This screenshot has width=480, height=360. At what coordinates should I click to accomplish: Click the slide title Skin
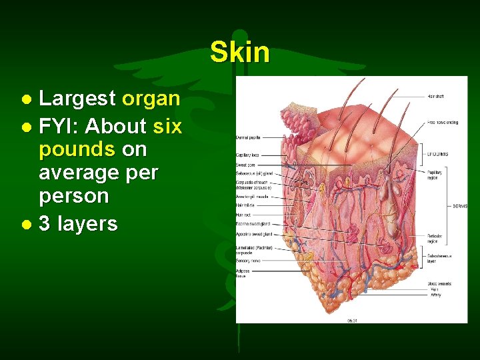239,52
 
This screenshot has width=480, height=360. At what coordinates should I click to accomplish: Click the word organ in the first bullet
151,99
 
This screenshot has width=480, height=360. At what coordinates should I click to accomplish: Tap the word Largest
77,99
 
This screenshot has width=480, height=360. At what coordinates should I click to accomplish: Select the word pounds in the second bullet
77,148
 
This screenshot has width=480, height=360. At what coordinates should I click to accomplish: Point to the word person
73,196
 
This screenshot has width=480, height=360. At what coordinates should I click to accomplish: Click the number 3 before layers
45,223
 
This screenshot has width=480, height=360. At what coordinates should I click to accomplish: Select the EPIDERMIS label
438,154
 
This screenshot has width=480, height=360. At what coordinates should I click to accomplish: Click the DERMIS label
459,206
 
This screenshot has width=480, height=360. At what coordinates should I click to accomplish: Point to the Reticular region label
435,238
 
